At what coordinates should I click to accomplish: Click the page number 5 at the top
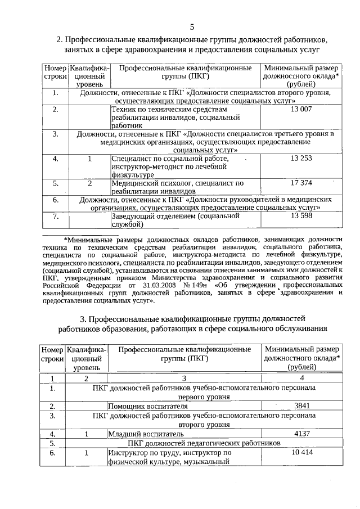point(192,26)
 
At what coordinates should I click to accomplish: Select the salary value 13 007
point(301,109)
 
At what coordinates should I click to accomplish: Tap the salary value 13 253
point(301,159)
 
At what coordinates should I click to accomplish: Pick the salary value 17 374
point(301,183)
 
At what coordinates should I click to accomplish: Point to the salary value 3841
point(302,406)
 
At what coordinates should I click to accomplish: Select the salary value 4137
point(302,434)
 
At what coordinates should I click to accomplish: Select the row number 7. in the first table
point(55,216)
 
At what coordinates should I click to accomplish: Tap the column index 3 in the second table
point(183,378)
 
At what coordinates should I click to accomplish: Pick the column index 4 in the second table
point(301,378)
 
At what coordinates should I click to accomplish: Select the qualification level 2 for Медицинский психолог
point(89,183)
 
